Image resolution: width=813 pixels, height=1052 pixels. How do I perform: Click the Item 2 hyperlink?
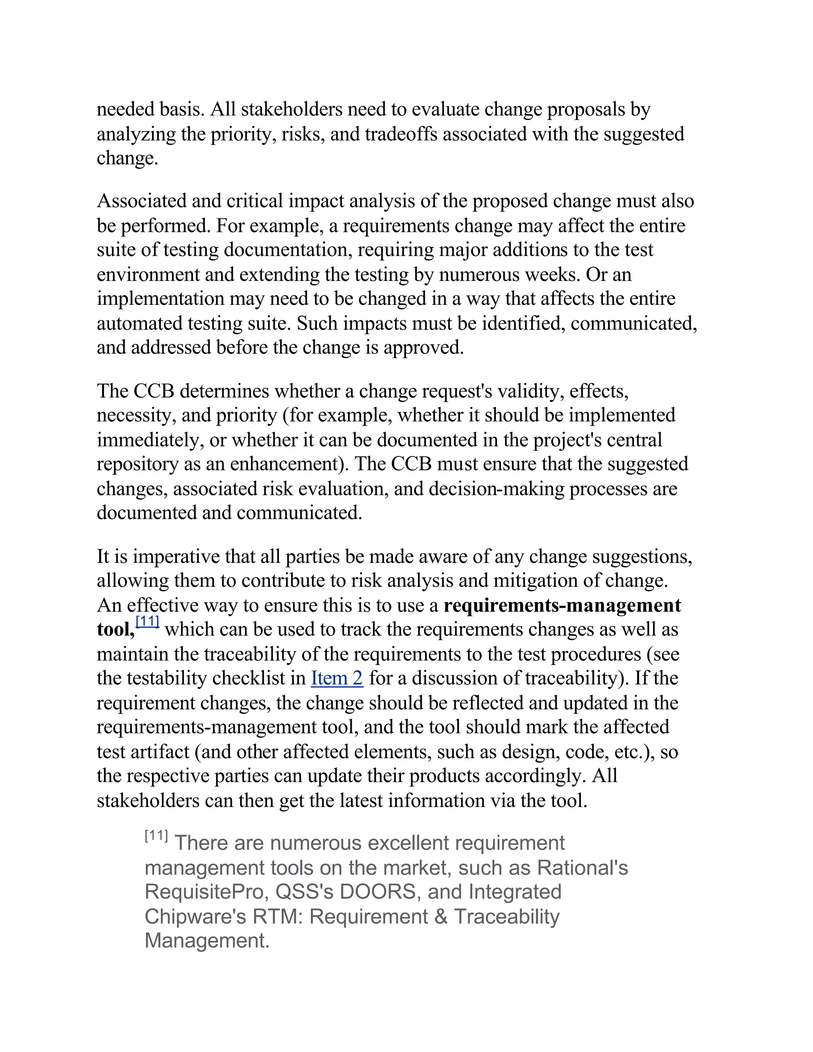pyautogui.click(x=337, y=678)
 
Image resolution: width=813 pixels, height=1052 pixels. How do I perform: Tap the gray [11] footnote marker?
pyautogui.click(x=156, y=836)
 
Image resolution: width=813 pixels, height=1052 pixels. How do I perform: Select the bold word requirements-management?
pyautogui.click(x=562, y=605)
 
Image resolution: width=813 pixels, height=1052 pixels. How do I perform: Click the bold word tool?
pyautogui.click(x=116, y=630)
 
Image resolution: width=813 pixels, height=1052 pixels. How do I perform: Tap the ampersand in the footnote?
pyautogui.click(x=441, y=916)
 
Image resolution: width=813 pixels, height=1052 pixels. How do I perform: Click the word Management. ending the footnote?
pyautogui.click(x=206, y=941)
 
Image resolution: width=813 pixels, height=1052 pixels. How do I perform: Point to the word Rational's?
pyautogui.click(x=582, y=867)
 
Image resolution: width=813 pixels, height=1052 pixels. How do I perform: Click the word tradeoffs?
pyautogui.click(x=401, y=134)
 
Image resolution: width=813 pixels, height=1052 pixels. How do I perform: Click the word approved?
pyautogui.click(x=423, y=347)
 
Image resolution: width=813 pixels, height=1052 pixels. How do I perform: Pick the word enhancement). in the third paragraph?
pyautogui.click(x=289, y=464)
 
